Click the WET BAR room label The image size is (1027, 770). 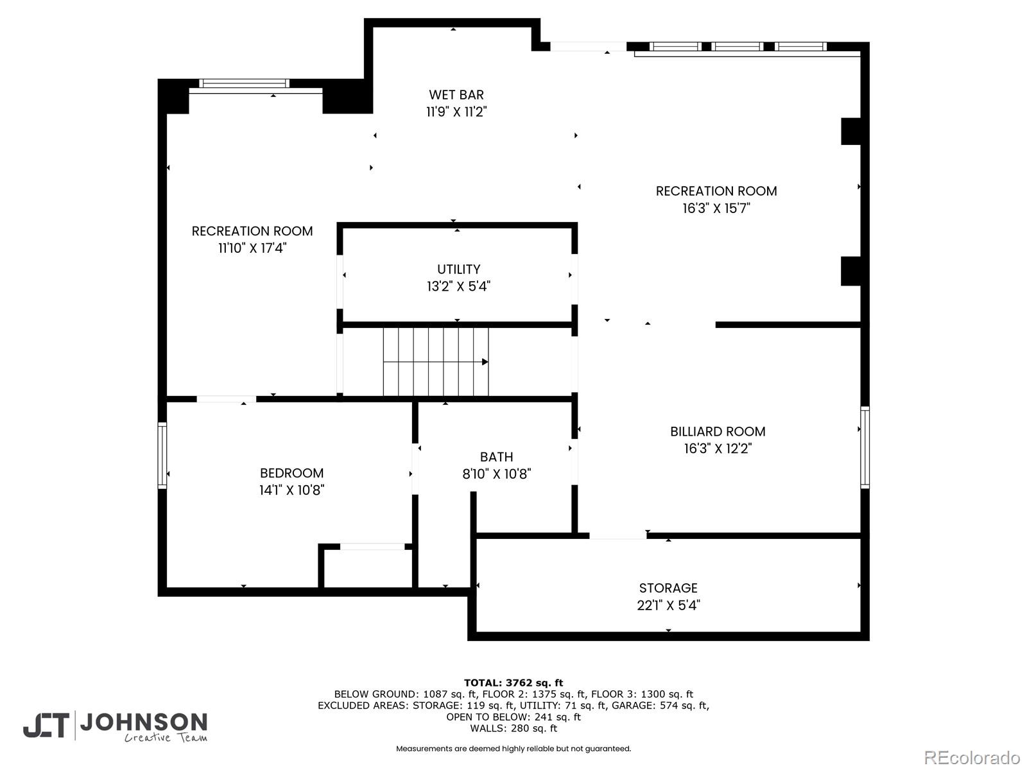point(456,95)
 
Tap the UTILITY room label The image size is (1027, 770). point(458,269)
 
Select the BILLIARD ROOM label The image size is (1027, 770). point(718,432)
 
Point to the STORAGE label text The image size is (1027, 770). point(668,588)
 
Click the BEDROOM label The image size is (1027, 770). point(291,474)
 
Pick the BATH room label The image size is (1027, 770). point(496,457)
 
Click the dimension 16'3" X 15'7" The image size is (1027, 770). point(716,208)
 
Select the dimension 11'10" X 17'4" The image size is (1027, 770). point(252,248)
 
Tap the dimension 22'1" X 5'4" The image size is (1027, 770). point(668,605)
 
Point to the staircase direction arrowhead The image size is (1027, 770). point(485,362)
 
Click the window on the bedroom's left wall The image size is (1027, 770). point(162,456)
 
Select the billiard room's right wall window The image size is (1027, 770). point(865,447)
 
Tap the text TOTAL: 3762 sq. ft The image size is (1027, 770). point(513,683)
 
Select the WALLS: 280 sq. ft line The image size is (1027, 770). point(513,728)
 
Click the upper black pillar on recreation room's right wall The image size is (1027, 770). point(850,132)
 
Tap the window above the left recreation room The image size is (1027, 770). point(244,83)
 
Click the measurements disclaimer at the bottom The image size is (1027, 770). point(513,749)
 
